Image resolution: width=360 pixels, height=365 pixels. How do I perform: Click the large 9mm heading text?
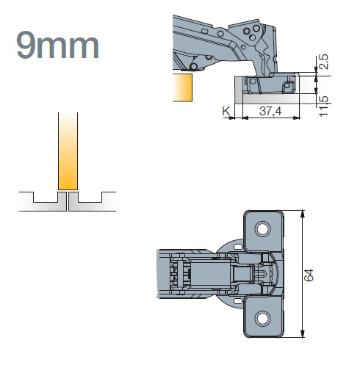pos(57,45)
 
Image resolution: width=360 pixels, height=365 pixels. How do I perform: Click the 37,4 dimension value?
pos(270,111)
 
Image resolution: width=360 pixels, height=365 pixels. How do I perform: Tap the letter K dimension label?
pos(226,111)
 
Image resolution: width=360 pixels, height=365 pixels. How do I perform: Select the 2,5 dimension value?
pos(323,62)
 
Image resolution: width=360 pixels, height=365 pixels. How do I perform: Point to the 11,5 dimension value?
pos(323,106)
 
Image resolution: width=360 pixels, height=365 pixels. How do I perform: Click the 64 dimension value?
pos(309,275)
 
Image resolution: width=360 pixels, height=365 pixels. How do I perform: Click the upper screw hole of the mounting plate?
pos(262,228)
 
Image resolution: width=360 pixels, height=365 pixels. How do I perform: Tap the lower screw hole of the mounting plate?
pos(262,318)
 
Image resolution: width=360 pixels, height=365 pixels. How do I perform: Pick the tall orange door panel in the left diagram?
pos(68,151)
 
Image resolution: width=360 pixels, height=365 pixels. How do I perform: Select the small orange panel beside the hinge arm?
pos(182,87)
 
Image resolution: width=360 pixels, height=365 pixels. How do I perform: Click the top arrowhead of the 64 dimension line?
pos(303,214)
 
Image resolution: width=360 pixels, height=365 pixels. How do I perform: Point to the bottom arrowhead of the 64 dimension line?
pos(303,334)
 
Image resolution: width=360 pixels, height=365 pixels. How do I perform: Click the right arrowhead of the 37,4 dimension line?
pos(297,118)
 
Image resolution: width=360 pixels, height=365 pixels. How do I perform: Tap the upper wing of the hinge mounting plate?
pos(264,231)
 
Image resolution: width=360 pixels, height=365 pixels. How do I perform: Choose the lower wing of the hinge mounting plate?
pos(264,317)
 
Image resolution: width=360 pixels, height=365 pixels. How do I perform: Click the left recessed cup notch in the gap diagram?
pos(46,198)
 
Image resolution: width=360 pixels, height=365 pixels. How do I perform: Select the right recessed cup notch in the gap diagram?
pos(90,198)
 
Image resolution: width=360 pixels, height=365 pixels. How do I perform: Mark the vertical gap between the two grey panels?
pos(68,201)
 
